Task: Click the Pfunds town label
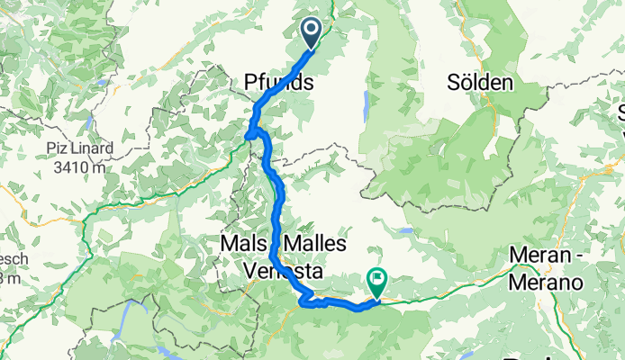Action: (279, 83)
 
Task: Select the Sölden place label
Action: (480, 83)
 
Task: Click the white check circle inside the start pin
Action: (312, 31)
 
